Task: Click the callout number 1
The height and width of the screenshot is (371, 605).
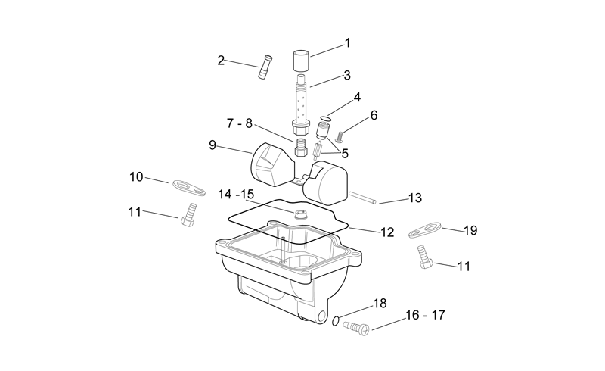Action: pyautogui.click(x=347, y=43)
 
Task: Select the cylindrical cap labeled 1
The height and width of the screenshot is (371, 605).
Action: pyautogui.click(x=301, y=61)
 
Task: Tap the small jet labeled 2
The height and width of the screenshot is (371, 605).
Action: pyautogui.click(x=265, y=67)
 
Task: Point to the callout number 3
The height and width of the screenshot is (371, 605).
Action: pyautogui.click(x=347, y=75)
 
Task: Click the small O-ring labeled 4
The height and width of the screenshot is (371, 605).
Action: pyautogui.click(x=326, y=118)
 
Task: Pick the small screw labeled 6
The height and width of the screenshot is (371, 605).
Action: pyautogui.click(x=340, y=136)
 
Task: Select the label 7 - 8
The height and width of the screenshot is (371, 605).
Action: pyautogui.click(x=239, y=123)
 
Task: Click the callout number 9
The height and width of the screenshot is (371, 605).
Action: pyautogui.click(x=213, y=145)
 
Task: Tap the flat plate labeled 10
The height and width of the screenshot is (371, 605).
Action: pyautogui.click(x=188, y=187)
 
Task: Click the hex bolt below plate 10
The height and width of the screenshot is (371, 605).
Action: pyautogui.click(x=188, y=215)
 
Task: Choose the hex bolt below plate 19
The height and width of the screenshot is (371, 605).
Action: pyautogui.click(x=425, y=257)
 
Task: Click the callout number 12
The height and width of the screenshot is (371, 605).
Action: pyautogui.click(x=387, y=232)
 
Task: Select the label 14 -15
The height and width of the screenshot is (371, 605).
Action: pyautogui.click(x=236, y=194)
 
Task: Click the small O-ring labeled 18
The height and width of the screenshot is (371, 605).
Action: pyautogui.click(x=336, y=320)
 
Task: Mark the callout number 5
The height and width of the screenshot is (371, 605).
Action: pyautogui.click(x=345, y=154)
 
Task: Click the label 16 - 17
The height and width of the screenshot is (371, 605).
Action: pyautogui.click(x=425, y=315)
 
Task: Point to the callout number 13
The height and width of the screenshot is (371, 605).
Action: pyautogui.click(x=414, y=198)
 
